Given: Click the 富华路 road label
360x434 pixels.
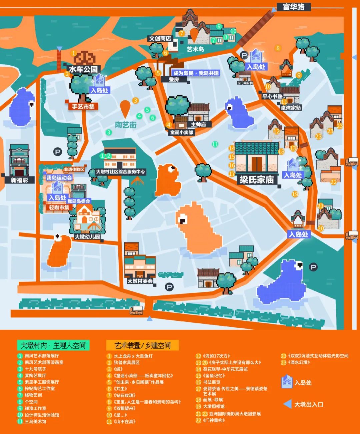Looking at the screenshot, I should point(293,7).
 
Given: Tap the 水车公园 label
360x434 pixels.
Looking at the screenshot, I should point(83,69).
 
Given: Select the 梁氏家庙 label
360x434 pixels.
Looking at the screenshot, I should point(257,180).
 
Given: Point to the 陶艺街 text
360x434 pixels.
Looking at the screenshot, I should point(126,125).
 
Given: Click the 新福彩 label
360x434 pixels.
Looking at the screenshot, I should point(20,180).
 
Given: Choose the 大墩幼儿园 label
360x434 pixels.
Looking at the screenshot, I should point(87,237).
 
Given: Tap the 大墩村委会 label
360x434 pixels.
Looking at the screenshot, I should point(140,281).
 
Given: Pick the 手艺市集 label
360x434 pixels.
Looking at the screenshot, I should point(83,107).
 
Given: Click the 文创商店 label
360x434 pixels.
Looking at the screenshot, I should point(160,39).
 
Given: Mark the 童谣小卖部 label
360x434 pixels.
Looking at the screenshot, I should point(181,132).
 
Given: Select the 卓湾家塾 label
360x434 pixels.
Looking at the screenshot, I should point(291,108).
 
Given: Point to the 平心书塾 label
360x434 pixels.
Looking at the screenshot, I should point(272,96).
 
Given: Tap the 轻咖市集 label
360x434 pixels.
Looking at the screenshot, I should point(59,208).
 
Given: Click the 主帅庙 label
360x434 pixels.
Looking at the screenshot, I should point(198,124).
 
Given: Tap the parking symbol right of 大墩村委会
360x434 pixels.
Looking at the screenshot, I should point(169,287).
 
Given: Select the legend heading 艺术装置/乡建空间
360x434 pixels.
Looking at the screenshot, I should point(142,345).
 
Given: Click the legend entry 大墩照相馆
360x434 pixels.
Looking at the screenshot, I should point(214,406).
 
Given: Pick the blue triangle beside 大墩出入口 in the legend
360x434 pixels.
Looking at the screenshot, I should point(287,404).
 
